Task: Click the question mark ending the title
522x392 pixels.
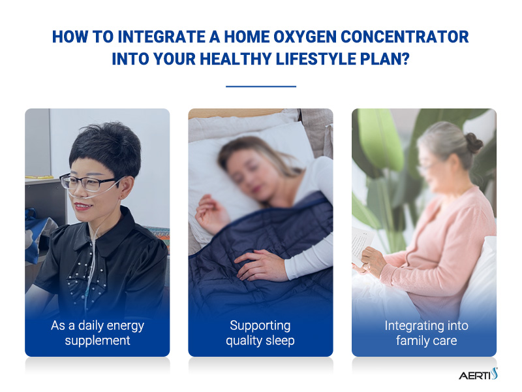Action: point(405,57)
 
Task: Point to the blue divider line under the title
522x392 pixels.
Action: point(260,86)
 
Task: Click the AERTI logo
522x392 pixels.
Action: point(477,374)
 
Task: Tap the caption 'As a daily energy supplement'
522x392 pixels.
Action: point(97,333)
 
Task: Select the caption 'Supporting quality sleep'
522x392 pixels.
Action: point(260,333)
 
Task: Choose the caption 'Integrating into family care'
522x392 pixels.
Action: point(425,333)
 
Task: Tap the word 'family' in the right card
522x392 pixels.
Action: point(411,340)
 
